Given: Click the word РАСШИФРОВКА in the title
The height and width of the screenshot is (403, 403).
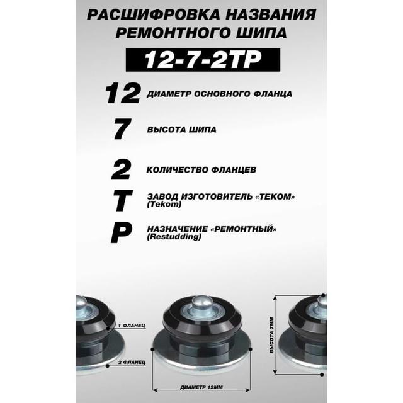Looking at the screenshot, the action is pyautogui.click(x=154, y=14).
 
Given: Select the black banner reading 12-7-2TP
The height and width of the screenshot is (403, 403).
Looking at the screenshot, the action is pyautogui.click(x=203, y=60).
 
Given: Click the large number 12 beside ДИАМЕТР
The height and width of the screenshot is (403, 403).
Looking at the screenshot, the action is pyautogui.click(x=123, y=94).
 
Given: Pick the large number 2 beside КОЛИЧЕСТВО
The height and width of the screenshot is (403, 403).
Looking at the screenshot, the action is pyautogui.click(x=121, y=169).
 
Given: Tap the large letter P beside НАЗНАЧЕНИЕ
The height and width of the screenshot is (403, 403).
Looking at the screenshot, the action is pyautogui.click(x=122, y=233).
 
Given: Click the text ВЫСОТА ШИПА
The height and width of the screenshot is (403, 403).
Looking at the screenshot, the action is pyautogui.click(x=181, y=129).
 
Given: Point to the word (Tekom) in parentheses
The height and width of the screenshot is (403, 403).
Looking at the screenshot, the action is pyautogui.click(x=164, y=205).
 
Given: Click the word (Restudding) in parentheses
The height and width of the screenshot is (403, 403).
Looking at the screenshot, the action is pyautogui.click(x=174, y=237).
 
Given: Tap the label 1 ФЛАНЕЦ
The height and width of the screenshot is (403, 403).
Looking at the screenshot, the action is pyautogui.click(x=132, y=326).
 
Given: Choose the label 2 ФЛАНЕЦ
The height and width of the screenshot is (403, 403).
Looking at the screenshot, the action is pyautogui.click(x=132, y=363).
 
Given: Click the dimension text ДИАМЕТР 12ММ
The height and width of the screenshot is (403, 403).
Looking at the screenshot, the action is pyautogui.click(x=201, y=387).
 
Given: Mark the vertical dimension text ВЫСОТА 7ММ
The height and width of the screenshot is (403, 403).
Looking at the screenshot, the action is pyautogui.click(x=272, y=336).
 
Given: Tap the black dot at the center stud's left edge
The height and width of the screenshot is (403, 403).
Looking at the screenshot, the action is pyautogui.click(x=152, y=349).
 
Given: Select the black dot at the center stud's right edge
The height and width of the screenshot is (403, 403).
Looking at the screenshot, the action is pyautogui.click(x=251, y=349).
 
